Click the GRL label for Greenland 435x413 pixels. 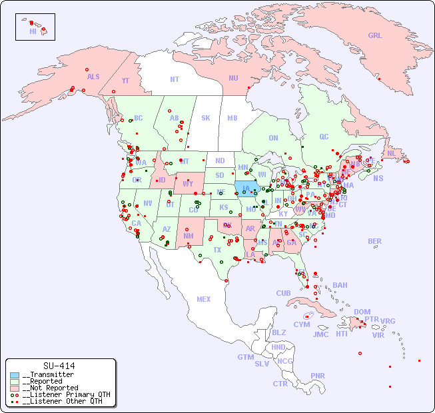point(375,36)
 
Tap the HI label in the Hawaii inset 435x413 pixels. point(33,31)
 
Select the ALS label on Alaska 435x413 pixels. point(93,77)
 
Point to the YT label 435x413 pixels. point(125,79)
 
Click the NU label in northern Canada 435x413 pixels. point(233,78)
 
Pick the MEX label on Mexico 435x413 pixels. point(204,299)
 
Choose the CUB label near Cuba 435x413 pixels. point(283,293)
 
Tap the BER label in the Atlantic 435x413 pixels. point(375,241)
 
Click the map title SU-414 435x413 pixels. point(59,366)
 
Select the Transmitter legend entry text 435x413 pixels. point(47,375)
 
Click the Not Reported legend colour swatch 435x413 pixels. point(15,388)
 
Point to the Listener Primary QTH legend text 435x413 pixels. point(65,394)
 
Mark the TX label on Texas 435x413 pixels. point(217,250)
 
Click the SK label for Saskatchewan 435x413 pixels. point(206,118)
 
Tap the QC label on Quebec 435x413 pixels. point(324,137)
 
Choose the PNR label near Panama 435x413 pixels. point(318,376)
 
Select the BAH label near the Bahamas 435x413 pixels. point(340,285)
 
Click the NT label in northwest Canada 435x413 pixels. point(174,79)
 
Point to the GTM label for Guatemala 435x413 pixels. point(246,357)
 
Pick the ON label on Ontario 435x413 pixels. point(273,138)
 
